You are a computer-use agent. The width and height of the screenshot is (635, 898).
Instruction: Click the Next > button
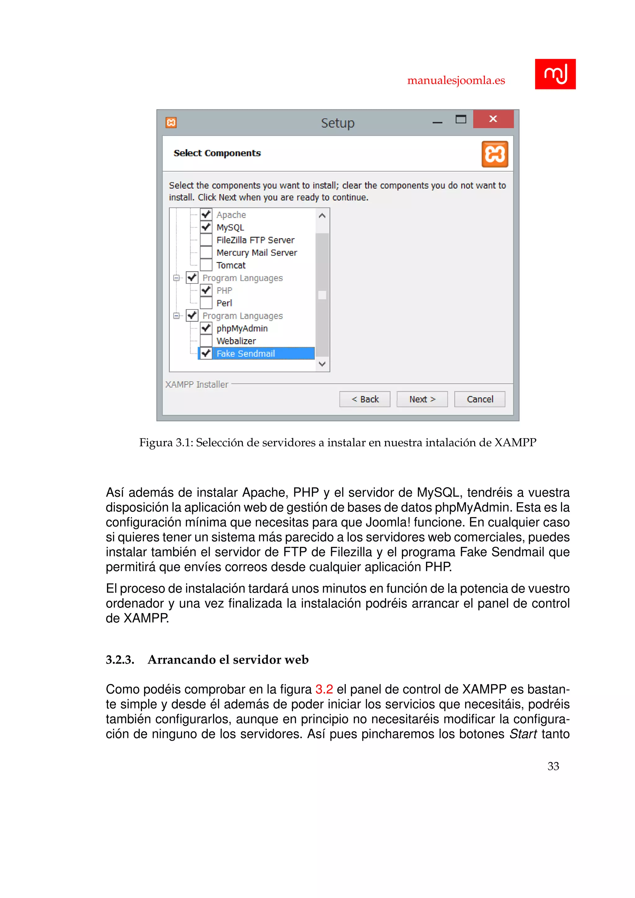422,399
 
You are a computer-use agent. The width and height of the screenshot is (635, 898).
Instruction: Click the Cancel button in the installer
479,399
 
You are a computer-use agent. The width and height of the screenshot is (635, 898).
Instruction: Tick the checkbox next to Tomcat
206,265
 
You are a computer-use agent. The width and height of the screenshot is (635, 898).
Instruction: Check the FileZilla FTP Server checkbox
206,240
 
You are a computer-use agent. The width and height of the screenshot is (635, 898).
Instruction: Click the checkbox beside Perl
206,303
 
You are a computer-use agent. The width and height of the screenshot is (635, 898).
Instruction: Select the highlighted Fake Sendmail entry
246,353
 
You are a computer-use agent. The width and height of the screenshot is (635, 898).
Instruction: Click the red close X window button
493,119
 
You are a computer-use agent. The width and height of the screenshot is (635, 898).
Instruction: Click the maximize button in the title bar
461,119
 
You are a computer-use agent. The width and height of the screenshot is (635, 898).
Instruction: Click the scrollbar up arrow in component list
322,216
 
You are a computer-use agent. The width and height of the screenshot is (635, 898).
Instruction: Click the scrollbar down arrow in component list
322,364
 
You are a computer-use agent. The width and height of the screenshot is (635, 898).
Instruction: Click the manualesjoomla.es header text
456,81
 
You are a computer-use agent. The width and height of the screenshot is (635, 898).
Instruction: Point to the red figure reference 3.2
324,689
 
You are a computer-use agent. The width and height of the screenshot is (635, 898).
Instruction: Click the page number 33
553,766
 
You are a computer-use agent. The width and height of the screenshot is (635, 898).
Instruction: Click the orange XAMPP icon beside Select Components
495,154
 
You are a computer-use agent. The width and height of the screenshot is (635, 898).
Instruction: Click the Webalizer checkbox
206,341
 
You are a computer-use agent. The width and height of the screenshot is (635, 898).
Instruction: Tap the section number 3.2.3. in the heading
120,660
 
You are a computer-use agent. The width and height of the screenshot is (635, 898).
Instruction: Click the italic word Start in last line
523,734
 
